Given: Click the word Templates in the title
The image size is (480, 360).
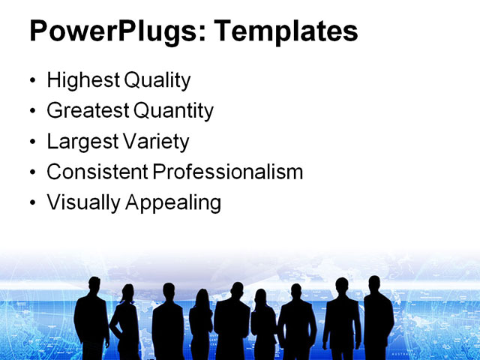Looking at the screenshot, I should [x=286, y=31].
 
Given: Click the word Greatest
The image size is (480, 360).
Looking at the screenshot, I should [x=88, y=112].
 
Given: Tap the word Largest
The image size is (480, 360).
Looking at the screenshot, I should [x=81, y=142].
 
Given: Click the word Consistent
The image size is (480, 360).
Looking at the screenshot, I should [x=97, y=172].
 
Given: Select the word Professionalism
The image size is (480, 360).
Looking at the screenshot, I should [x=228, y=172].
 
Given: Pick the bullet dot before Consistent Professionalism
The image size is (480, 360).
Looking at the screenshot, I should [x=31, y=172].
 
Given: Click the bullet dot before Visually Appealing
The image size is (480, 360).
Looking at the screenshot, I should [x=31, y=203].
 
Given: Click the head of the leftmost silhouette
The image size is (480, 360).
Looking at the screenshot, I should [x=94, y=286].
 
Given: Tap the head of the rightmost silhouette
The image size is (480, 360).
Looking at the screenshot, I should [x=375, y=284].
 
